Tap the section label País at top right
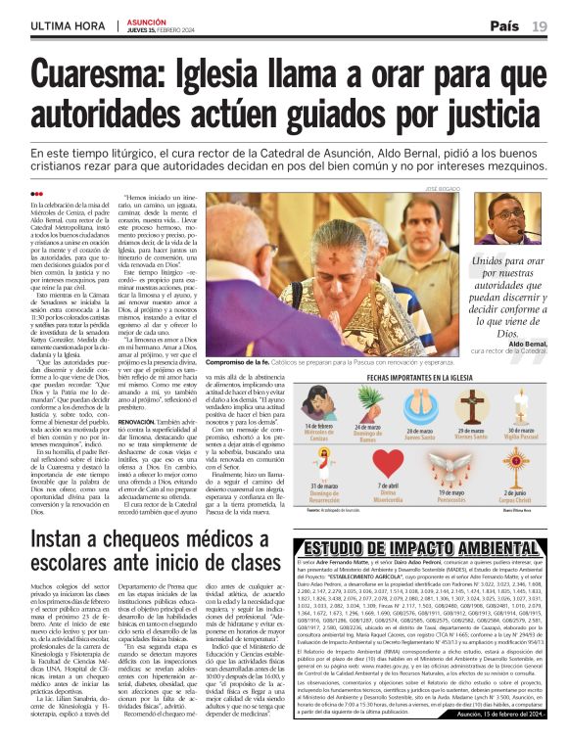tap(503, 25)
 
